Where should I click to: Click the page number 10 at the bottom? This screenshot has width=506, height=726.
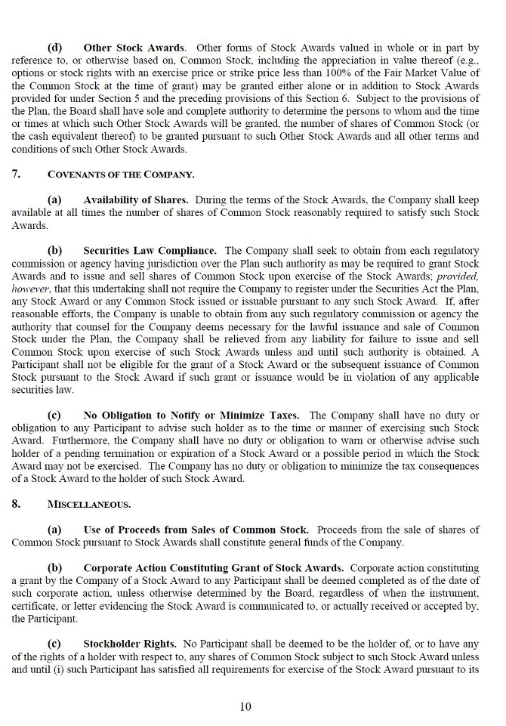tap(245, 706)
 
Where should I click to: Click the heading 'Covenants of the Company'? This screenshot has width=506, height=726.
tap(121, 175)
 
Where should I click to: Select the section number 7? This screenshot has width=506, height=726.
tap(16, 175)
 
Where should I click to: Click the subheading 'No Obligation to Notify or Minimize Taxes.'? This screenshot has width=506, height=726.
tap(191, 416)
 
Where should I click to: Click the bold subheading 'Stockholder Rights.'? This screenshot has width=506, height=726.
tap(130, 644)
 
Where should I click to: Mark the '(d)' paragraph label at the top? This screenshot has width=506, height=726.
tap(55, 48)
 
